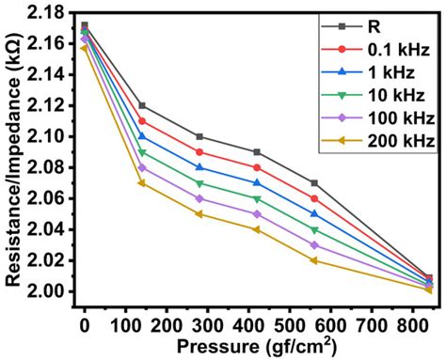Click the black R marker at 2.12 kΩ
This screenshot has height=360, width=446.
coord(142,105)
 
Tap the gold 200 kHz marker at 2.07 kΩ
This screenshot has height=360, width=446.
coord(142,182)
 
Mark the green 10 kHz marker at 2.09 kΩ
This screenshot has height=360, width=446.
coord(142,152)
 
